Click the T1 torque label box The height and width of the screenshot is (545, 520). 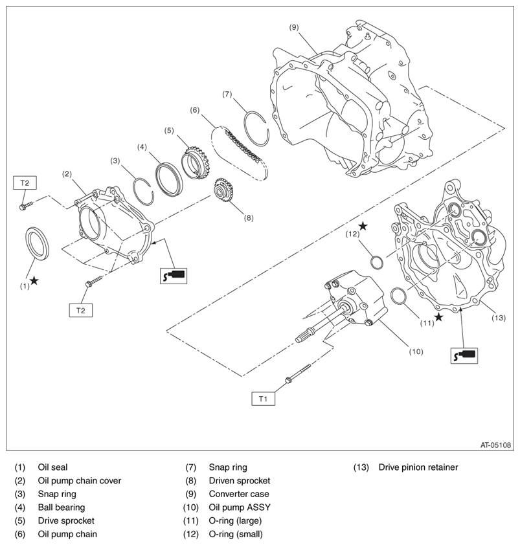[263, 399]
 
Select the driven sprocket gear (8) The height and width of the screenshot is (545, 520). [223, 192]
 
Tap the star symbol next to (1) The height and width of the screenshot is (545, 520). [34, 281]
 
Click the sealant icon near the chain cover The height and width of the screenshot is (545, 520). [173, 275]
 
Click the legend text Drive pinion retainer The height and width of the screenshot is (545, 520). [418, 467]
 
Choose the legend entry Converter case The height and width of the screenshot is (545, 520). [237, 494]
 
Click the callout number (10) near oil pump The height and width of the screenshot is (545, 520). [415, 351]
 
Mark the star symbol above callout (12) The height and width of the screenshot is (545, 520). [363, 226]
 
